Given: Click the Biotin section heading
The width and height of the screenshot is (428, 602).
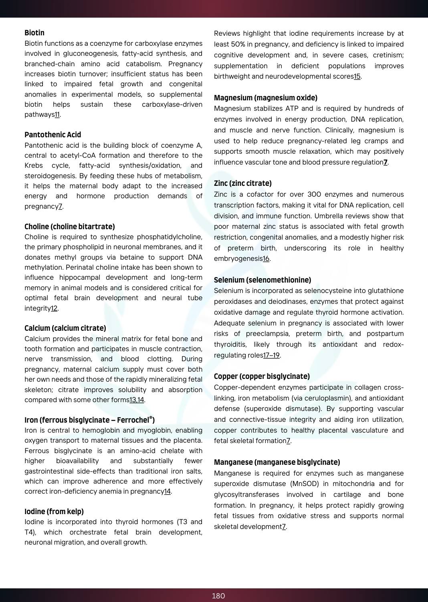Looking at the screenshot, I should click(x=34, y=33).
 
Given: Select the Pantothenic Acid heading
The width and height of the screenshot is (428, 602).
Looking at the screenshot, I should click(x=52, y=135).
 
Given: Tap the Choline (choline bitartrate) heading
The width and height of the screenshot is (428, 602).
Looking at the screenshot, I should click(x=70, y=227).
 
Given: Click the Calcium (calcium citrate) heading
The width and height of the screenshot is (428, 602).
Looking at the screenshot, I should click(x=65, y=328).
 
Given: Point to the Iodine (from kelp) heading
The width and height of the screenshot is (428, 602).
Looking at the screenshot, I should click(x=54, y=512).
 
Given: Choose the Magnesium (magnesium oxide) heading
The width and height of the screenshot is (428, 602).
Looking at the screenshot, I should click(x=266, y=98).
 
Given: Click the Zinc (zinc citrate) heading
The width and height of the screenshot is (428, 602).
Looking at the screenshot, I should click(x=243, y=183).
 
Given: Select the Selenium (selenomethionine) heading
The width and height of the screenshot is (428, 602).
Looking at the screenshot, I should click(x=262, y=280).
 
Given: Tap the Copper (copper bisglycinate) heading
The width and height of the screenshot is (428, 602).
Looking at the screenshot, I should click(x=262, y=376).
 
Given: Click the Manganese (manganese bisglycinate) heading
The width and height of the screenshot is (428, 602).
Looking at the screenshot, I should click(x=277, y=462).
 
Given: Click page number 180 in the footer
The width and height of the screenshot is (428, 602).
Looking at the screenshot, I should click(x=218, y=596).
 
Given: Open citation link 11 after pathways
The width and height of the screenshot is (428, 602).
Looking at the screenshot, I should click(x=57, y=115).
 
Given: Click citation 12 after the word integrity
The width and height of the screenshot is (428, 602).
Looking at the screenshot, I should click(x=54, y=309).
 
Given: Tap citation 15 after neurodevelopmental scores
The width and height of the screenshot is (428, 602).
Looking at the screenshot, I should click(x=357, y=77).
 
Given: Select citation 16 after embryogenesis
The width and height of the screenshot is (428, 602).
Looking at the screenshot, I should click(x=266, y=259).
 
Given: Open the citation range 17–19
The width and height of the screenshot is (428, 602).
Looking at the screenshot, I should click(x=271, y=356).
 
